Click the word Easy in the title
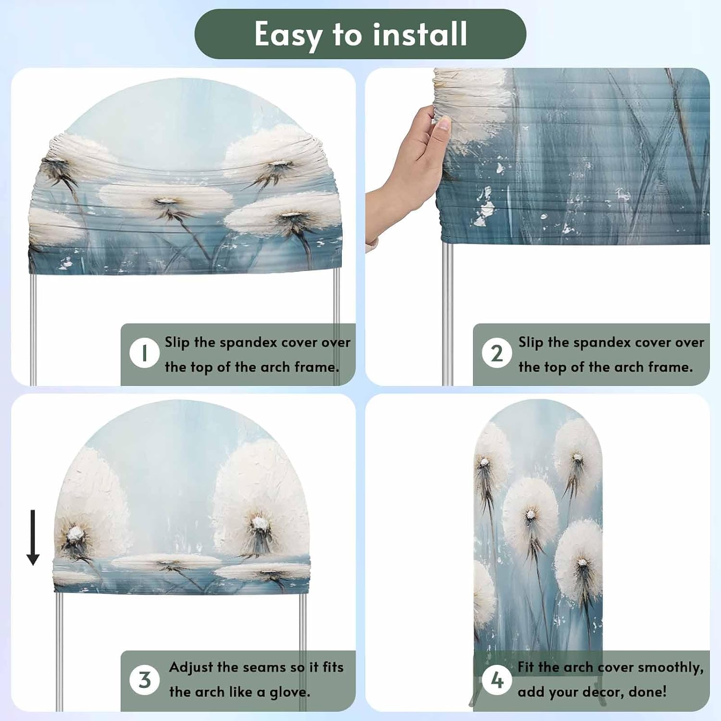pos(288,35)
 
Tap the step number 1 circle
pos(144,353)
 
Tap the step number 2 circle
pos(497,353)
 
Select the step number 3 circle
pos(144,680)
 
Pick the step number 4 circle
pos(497,680)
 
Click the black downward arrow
pos(33,537)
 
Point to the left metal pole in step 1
pos(33,329)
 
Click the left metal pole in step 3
pos(59,651)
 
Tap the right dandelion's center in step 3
pos(259,522)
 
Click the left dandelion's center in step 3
pos(76,533)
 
